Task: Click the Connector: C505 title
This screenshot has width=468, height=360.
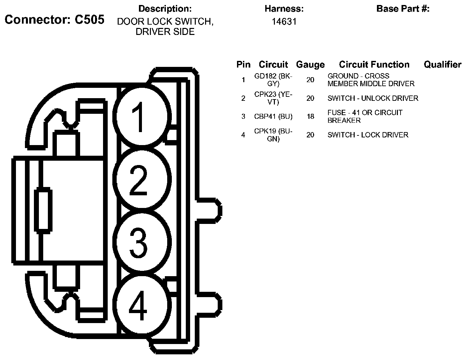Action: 55,20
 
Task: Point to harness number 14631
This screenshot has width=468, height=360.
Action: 284,22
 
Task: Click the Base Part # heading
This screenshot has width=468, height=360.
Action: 403,9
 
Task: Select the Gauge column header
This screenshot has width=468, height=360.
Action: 310,65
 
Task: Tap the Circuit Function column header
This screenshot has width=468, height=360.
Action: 374,65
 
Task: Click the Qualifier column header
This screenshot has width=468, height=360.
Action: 442,65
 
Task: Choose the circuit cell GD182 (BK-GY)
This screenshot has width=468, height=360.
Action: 273,80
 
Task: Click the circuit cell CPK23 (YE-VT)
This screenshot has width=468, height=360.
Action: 273,98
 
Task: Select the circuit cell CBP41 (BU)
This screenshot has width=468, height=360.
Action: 273,116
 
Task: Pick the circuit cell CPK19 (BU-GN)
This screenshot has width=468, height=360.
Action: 273,135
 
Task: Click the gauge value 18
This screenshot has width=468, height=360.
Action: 310,116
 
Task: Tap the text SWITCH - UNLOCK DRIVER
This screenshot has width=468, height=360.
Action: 373,98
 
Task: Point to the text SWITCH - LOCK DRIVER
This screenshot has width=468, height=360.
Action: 368,135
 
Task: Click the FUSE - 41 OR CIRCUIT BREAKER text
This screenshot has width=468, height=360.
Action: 365,116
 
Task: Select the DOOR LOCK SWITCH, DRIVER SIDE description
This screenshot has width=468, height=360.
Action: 165,27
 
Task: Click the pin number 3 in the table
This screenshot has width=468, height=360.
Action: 243,116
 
